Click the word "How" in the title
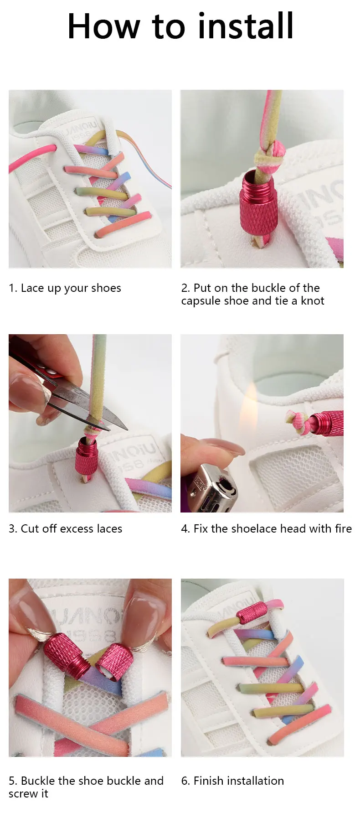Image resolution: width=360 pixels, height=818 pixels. point(103,26)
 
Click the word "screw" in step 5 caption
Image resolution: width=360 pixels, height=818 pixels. point(22,794)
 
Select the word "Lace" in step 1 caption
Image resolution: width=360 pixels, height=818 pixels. point(32,288)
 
